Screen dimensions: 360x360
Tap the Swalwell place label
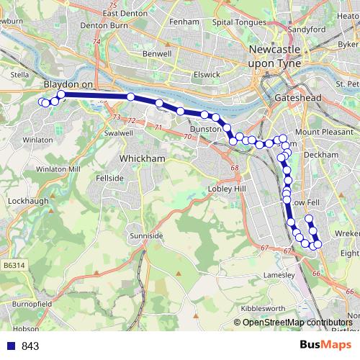click(x=119, y=133)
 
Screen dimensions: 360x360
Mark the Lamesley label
click(x=278, y=275)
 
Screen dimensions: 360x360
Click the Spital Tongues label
click(x=238, y=22)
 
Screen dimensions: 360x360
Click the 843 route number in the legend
click(x=30, y=346)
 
